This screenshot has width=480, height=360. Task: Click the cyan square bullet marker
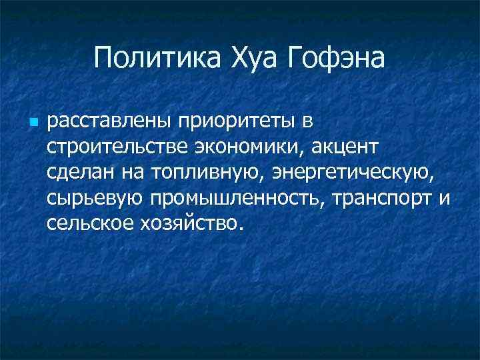point(33,123)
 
